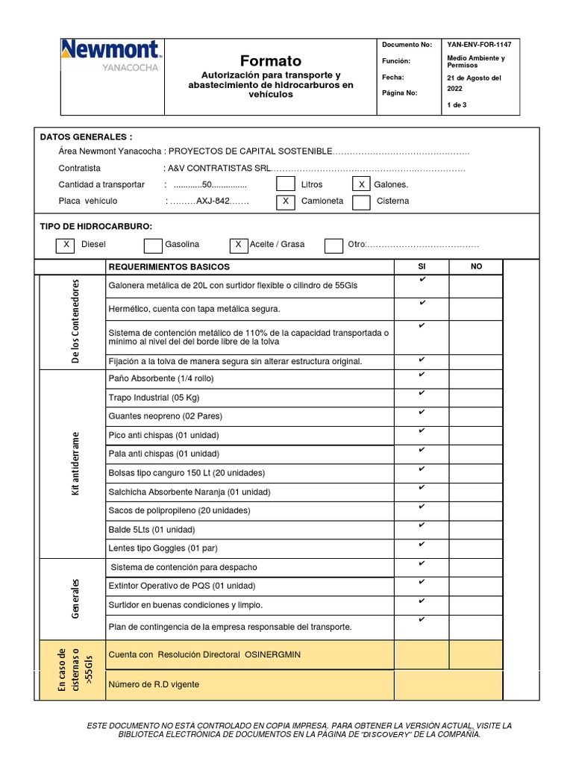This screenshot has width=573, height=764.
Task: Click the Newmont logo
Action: point(110,56)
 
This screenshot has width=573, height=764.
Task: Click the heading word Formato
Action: point(271,60)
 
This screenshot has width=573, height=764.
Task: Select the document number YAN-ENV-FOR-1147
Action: point(479,45)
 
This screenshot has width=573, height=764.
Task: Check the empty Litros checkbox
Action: point(285,184)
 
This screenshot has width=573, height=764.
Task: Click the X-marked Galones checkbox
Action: point(361,184)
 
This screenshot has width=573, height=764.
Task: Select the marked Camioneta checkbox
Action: point(285,201)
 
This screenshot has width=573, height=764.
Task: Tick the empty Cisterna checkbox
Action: point(361,201)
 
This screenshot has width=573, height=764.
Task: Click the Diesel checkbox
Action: point(66,245)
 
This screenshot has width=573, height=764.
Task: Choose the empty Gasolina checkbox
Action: point(153,245)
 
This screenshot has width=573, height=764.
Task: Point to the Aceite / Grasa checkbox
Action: point(238,245)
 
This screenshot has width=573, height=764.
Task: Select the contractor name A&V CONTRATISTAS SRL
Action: point(220,169)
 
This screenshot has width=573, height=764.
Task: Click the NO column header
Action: point(476,266)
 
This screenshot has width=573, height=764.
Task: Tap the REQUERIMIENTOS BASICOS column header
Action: point(169,267)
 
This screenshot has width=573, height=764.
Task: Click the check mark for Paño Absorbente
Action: point(422,375)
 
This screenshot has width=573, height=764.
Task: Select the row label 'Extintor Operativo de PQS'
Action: point(182,586)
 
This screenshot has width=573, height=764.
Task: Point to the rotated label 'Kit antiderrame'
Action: point(75,463)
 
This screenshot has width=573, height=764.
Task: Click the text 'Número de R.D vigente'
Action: point(154,684)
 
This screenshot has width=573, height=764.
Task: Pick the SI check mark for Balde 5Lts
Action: point(422,526)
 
